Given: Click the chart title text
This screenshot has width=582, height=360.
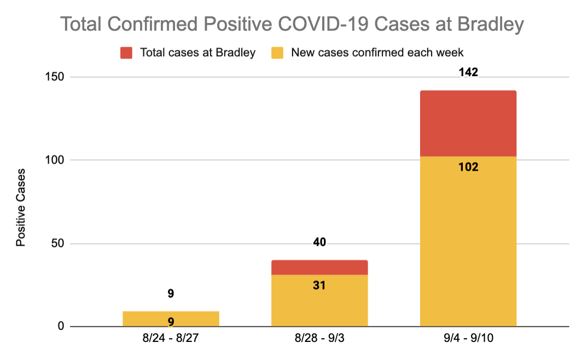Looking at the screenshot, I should click(x=292, y=25).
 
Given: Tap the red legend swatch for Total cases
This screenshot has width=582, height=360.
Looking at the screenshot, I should click(x=126, y=53).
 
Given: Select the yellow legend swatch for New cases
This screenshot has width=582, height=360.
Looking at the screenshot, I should click(x=277, y=53).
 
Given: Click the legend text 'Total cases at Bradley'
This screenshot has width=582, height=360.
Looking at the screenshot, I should click(x=197, y=53).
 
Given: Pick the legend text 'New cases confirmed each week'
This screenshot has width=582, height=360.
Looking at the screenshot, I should click(x=377, y=53).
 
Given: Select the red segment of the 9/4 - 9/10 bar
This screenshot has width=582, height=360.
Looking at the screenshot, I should click(x=468, y=124).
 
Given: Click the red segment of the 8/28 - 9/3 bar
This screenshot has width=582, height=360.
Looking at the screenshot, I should click(x=319, y=268).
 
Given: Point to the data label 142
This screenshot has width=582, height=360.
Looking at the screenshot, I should click(x=469, y=73).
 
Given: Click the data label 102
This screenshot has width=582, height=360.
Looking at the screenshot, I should click(x=469, y=167).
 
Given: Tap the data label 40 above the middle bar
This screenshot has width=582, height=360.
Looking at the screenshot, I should click(x=319, y=242).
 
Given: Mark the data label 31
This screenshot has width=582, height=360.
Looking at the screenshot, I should click(x=319, y=285).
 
